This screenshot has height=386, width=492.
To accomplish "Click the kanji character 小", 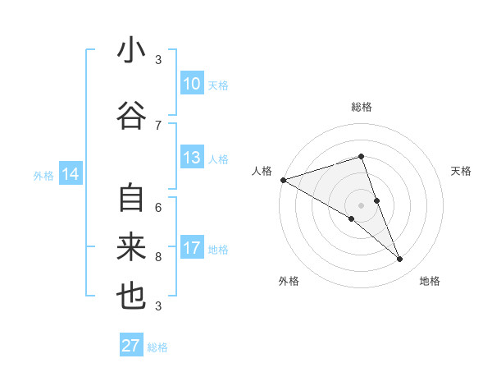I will [131, 51].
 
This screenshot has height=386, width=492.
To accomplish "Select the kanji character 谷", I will [131, 116].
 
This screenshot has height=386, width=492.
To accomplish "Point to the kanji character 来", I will [131, 248].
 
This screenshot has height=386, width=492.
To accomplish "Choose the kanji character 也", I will [131, 297].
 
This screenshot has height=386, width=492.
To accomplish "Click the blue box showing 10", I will [191, 84].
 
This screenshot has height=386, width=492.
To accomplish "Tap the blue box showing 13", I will [191, 158].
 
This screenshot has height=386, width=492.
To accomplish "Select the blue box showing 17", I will [191, 248].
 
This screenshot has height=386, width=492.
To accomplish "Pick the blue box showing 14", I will [70, 174].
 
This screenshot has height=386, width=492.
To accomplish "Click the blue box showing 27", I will [131, 346].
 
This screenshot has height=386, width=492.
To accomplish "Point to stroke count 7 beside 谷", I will [158, 125].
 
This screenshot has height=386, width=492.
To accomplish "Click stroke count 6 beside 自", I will [158, 206].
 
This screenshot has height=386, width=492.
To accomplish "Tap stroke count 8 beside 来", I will [158, 256].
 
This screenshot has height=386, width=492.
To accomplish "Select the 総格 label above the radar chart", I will [361, 107].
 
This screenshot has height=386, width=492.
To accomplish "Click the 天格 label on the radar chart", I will [462, 171].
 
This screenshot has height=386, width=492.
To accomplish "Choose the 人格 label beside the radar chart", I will [262, 171].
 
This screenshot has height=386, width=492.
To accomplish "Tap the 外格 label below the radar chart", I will [289, 281].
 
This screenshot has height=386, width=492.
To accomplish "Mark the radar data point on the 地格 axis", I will [400, 260].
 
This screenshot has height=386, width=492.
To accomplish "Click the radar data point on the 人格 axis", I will [283, 179].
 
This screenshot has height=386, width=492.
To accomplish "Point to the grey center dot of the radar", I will [361, 204].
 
